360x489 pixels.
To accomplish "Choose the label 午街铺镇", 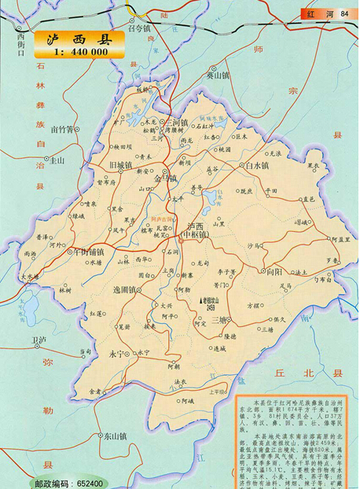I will pos(85,253).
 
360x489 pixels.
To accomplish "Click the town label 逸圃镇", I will pos(127,290).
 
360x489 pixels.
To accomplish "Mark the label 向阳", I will pos(274,271).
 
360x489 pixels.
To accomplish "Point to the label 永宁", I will pos(118,354).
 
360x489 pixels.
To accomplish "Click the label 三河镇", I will pos(174,123).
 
